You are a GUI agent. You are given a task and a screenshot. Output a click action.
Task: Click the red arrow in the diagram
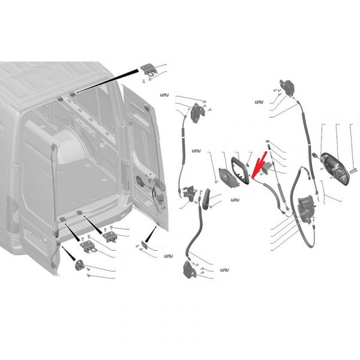coord(259,164)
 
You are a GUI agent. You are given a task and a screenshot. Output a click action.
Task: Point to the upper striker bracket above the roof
coord(149,70)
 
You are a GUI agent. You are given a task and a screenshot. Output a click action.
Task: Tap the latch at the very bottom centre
coord(190,271)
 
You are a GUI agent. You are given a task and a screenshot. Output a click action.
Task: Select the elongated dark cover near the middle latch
coord(206,199)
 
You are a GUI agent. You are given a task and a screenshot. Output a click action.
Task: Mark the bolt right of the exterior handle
coord(354,170)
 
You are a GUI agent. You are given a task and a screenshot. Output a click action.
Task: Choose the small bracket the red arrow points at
coord(267,166)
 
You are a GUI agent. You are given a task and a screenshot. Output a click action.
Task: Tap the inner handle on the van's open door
coord(140,181)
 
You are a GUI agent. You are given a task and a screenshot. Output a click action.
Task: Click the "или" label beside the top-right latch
coord(259,102)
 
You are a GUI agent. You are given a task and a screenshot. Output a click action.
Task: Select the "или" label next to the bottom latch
coord(224,270)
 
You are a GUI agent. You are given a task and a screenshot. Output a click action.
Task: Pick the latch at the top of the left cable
coord(196,113)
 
